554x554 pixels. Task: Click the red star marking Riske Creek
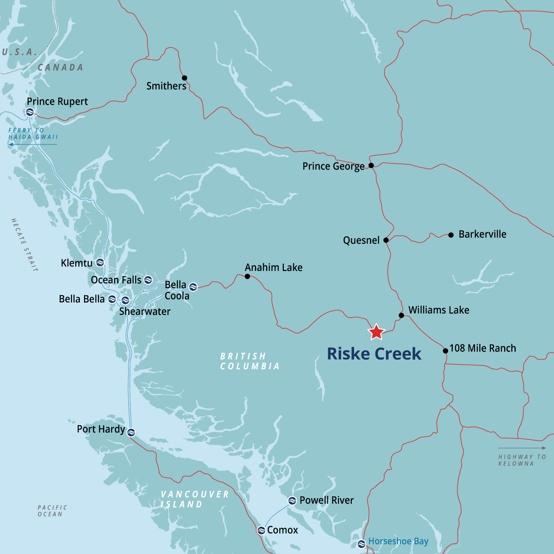point(376,331)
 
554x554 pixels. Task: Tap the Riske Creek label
point(374,354)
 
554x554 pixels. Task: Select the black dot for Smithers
point(184,78)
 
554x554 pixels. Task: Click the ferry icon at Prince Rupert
point(30,112)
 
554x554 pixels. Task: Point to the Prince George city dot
point(371,165)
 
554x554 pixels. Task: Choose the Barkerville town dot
point(451,235)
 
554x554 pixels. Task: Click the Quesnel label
point(361,240)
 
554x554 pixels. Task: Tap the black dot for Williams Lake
point(401,315)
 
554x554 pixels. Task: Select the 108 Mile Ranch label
point(482,348)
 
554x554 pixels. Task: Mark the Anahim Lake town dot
point(247,277)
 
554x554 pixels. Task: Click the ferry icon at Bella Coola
point(193,287)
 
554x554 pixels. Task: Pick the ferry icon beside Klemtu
point(100,263)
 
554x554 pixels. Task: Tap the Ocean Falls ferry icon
point(148,280)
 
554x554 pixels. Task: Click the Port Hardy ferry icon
point(131,432)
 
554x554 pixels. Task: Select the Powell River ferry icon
point(292,500)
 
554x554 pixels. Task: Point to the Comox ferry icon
point(261,530)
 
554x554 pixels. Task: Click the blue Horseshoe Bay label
point(398,541)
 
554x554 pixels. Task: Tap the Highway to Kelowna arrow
point(522,448)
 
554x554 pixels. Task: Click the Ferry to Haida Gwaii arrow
point(32,145)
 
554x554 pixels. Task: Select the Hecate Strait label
point(24,245)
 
